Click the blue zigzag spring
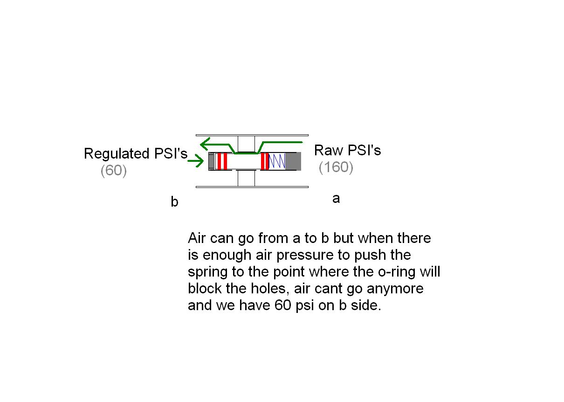pyautogui.click(x=277, y=161)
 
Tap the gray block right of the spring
pyautogui.click(x=293, y=161)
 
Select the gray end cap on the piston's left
pyautogui.click(x=211, y=161)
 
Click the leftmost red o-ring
pyautogui.click(x=219, y=161)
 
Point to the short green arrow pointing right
pyautogui.click(x=196, y=161)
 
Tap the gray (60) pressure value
pyautogui.click(x=113, y=171)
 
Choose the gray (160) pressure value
pyautogui.click(x=336, y=167)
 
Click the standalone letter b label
pyautogui.click(x=174, y=202)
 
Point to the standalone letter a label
pyautogui.click(x=336, y=199)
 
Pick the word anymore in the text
pyautogui.click(x=395, y=289)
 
